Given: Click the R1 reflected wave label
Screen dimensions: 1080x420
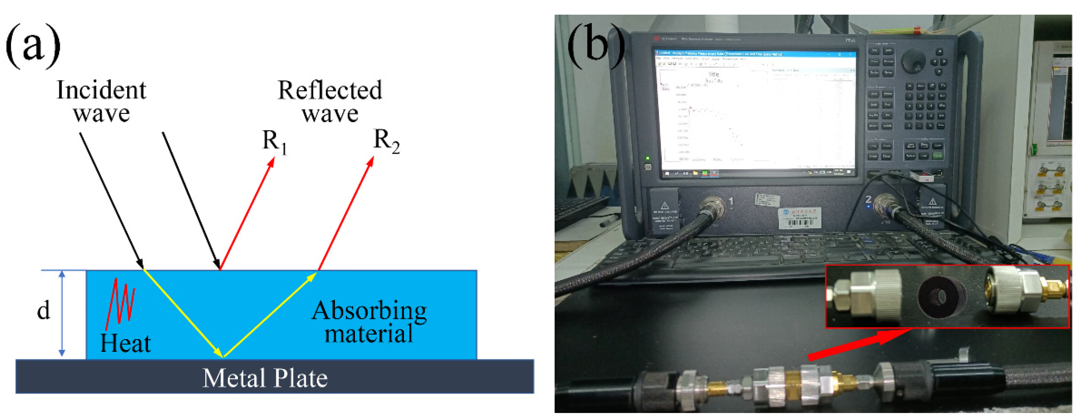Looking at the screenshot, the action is pos(274,142).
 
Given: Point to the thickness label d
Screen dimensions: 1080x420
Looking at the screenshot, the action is pos(44,310).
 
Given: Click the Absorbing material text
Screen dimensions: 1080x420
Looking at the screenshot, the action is pos(369,322).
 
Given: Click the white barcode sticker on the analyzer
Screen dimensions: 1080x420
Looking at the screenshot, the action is pos(799,218).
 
